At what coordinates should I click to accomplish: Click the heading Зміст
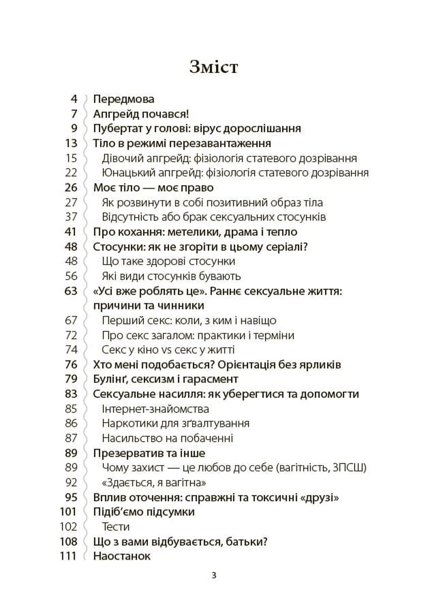pos(214,67)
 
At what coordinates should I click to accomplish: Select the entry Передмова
pos(124,99)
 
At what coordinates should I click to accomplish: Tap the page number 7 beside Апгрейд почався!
pos(74,114)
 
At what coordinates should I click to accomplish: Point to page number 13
pos(71,143)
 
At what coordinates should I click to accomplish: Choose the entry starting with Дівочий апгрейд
pos(229,158)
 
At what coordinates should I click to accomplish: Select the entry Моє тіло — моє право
pos(153,188)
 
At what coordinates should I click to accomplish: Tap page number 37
pos(71,217)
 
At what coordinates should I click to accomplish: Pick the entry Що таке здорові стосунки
pos(168,261)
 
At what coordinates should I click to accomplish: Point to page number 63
pos(71,291)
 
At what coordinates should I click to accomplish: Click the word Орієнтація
pos(251,365)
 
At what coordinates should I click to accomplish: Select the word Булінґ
pos(110,379)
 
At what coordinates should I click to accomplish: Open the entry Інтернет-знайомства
pos(155,409)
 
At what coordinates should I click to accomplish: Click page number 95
pos(71,497)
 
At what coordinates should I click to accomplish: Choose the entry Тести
pos(116,527)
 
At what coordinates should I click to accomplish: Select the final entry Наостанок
pos(122,556)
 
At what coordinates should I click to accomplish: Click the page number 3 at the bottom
pos(214,576)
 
